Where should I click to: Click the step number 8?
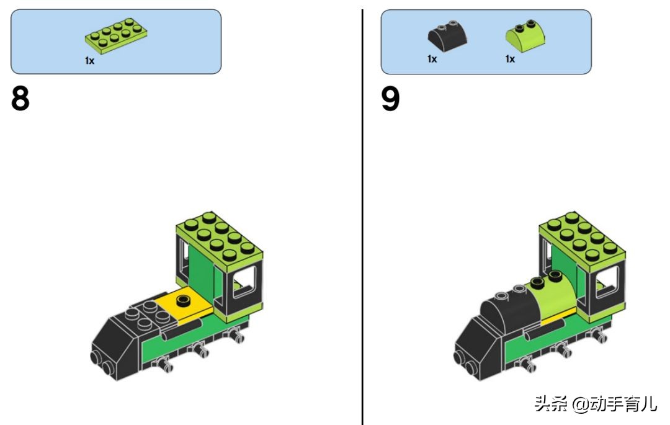click(x=20, y=98)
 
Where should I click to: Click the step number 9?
click(x=390, y=98)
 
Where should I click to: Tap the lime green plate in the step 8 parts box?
click(x=116, y=36)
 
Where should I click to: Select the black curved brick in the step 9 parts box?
click(x=447, y=37)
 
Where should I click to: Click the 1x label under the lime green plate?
click(x=89, y=61)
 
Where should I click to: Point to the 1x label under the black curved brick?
click(x=432, y=59)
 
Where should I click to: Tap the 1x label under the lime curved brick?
click(x=510, y=59)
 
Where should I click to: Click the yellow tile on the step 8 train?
click(x=184, y=306)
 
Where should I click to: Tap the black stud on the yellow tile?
click(x=184, y=300)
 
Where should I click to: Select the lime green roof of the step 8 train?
click(x=220, y=241)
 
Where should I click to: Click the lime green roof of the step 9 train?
click(x=583, y=241)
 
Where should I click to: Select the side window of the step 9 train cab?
click(x=607, y=282)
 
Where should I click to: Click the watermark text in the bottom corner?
click(x=595, y=403)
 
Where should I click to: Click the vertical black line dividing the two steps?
click(x=362, y=217)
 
